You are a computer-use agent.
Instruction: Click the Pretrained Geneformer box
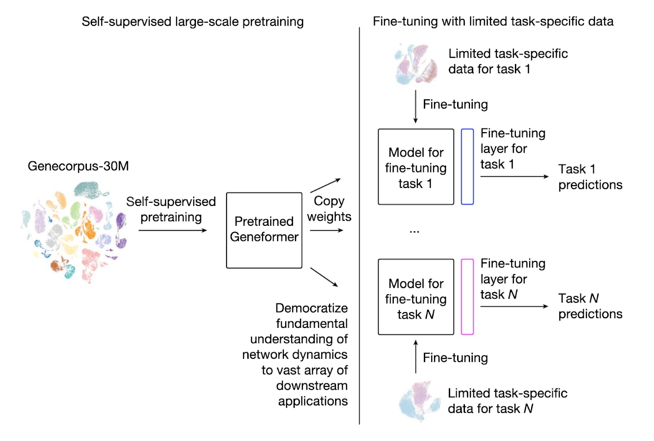click(x=264, y=230)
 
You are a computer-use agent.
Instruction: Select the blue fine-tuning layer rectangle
click(x=467, y=167)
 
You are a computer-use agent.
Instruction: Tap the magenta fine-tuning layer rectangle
click(x=467, y=296)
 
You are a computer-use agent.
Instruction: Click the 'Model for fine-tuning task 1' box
click(x=416, y=167)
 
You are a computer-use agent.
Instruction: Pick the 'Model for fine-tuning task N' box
click(x=416, y=297)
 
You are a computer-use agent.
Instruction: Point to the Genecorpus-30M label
click(x=78, y=166)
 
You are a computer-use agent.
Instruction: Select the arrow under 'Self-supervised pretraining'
click(x=172, y=230)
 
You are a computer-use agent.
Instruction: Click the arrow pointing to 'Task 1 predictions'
click(x=514, y=176)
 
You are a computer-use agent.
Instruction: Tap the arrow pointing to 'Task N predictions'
click(x=514, y=306)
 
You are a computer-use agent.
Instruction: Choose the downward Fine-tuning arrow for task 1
click(x=416, y=107)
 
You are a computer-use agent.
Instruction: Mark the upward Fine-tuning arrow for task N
click(x=416, y=356)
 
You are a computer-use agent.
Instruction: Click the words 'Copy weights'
click(x=329, y=209)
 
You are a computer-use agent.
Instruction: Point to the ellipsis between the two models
click(x=414, y=231)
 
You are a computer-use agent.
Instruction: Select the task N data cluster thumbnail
click(x=419, y=401)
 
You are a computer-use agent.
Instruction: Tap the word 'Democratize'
click(x=311, y=308)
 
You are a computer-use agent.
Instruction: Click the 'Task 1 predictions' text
click(x=590, y=177)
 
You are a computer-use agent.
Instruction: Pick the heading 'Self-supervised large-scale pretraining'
click(x=192, y=22)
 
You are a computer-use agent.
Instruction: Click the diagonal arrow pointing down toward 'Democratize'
click(x=324, y=277)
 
